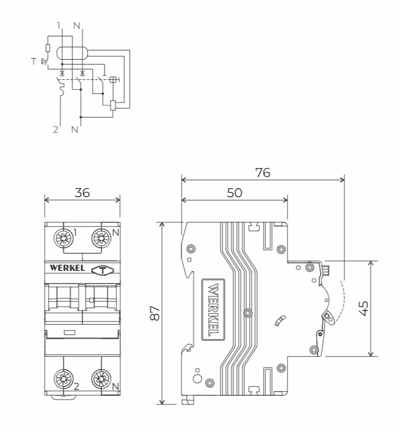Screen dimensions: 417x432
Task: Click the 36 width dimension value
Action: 82,193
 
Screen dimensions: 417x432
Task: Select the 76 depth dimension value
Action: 263,173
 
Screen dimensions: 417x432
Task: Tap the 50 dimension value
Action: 234,193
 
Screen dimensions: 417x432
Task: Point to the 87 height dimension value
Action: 155,313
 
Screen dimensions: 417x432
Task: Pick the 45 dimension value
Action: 363,308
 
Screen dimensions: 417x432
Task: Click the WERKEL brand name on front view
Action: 68,268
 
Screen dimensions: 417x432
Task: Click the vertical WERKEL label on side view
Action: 213,310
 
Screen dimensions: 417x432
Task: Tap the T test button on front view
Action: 102,270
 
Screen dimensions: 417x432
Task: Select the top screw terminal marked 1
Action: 63,238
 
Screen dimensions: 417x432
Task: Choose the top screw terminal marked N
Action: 101,238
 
